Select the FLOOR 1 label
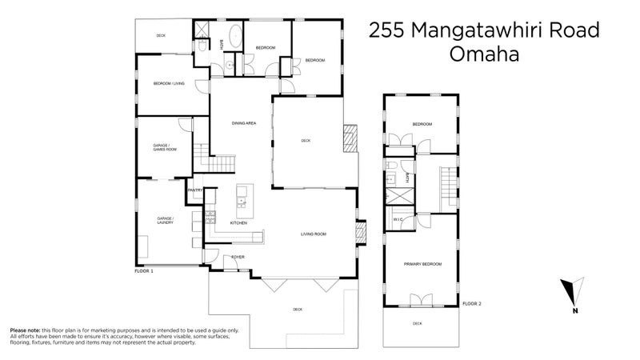tap(144, 272)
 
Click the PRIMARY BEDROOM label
tap(422, 264)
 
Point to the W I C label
tap(398, 219)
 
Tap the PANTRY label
tap(195, 190)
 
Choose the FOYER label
tap(238, 257)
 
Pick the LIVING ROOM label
tap(314, 234)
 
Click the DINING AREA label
tap(243, 123)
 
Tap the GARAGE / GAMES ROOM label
tap(165, 147)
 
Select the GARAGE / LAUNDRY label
tap(165, 219)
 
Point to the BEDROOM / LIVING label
tap(169, 83)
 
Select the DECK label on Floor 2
tap(417, 323)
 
